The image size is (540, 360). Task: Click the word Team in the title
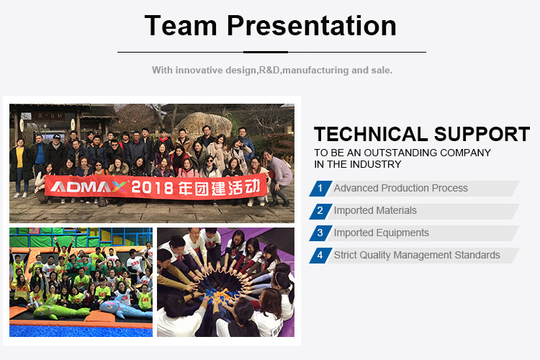[x=181, y=25]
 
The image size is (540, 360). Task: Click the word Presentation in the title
[x=312, y=25]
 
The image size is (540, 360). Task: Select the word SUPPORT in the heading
[x=482, y=134]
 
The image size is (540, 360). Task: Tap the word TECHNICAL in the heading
[x=372, y=134]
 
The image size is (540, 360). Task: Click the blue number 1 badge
[x=320, y=189]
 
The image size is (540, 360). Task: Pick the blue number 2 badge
[x=320, y=211]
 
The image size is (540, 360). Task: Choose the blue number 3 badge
[x=320, y=233]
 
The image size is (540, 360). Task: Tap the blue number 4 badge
[x=320, y=256]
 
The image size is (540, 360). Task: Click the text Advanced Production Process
[x=400, y=188]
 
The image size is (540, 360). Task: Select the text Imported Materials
[x=375, y=210]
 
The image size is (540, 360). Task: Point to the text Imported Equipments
[x=381, y=233]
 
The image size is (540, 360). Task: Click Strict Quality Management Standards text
[x=417, y=255]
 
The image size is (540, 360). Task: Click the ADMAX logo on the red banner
[x=89, y=186]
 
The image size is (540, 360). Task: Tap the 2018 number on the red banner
[x=153, y=188]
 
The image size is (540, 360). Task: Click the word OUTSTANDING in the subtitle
[x=401, y=153]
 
